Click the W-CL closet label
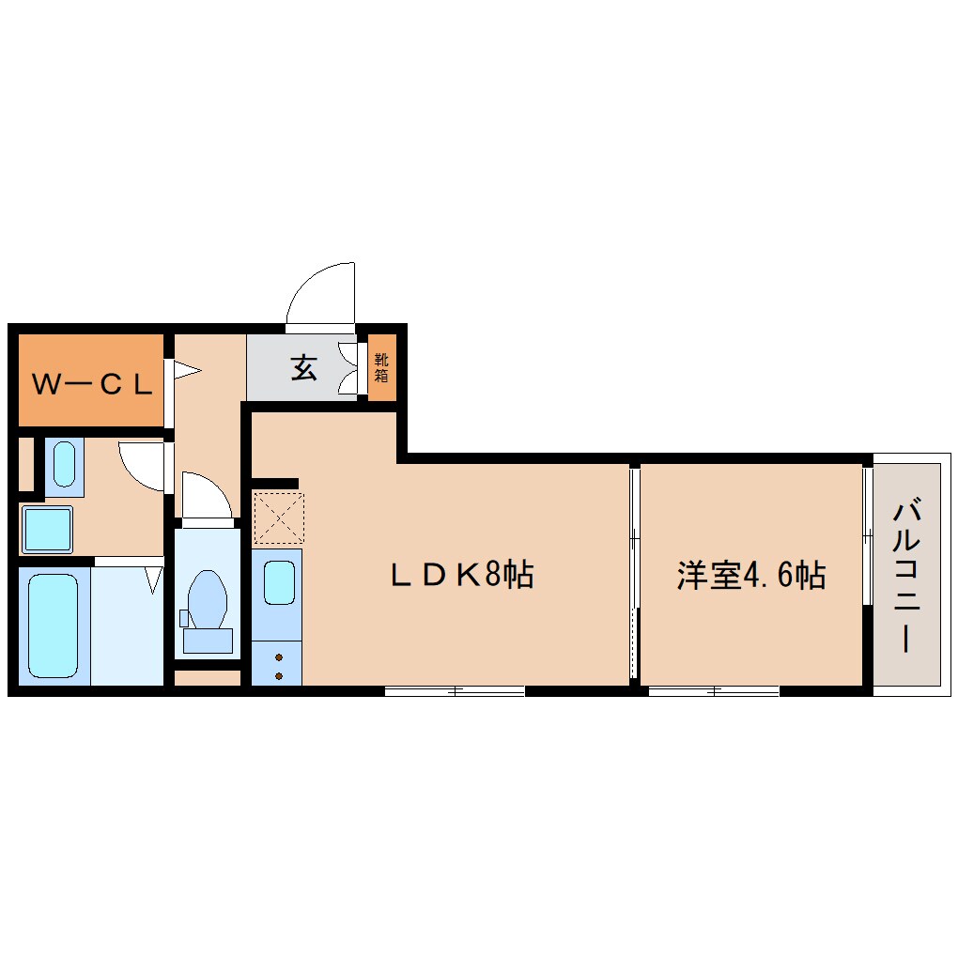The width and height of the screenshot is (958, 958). (92, 384)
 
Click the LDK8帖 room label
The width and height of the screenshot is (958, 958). (462, 574)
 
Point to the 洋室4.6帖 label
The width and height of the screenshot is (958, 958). (750, 575)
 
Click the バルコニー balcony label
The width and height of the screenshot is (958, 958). (906, 576)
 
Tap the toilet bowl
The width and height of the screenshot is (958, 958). (208, 600)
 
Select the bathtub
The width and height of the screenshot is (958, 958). (54, 626)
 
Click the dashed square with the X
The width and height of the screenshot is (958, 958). (279, 517)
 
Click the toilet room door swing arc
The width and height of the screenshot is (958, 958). (206, 494)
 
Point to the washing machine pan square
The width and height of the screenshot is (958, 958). (47, 529)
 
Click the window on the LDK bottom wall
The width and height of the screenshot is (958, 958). (455, 691)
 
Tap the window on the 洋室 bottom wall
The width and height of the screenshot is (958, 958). (714, 691)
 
